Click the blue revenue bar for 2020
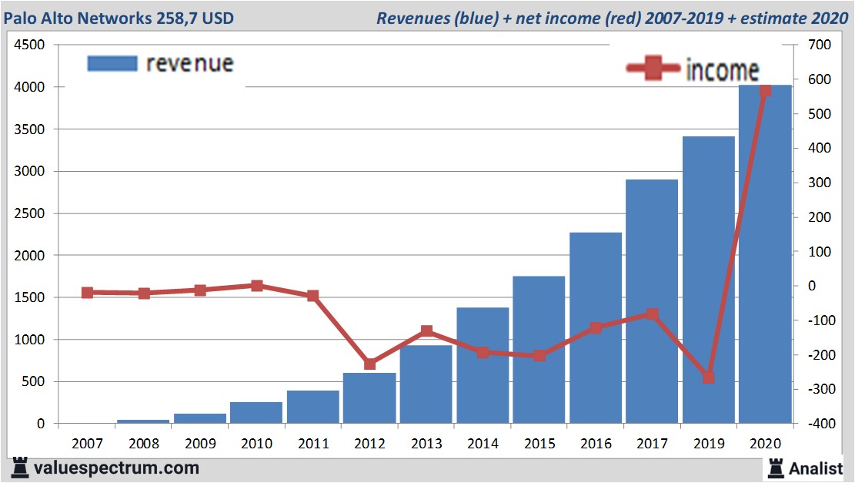coord(765,254)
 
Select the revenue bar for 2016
coord(596,327)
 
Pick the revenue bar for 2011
coord(313,407)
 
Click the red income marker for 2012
coord(370,364)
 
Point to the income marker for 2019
coord(709,377)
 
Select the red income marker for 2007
coord(87,293)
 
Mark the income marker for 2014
coord(483,352)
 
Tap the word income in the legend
coord(722,71)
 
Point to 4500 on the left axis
coord(29,45)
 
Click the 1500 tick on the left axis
coord(29,297)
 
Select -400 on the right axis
coord(817,424)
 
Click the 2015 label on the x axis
coord(539,444)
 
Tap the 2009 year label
coord(200,444)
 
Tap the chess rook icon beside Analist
coord(775,468)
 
